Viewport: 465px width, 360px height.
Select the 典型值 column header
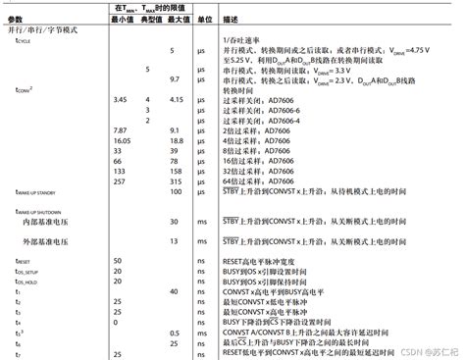coord(149,20)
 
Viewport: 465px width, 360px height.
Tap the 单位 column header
coord(201,20)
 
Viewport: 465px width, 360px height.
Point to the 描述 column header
coord(231,20)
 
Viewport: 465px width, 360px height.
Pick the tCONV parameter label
coord(27,89)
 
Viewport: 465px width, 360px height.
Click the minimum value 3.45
coord(120,99)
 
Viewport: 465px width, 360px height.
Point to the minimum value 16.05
coord(122,140)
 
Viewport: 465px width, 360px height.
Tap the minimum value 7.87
coord(120,129)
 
